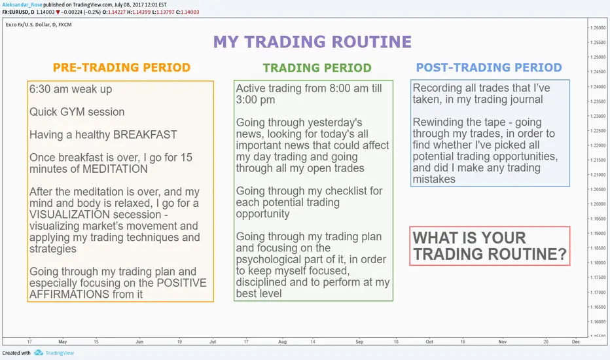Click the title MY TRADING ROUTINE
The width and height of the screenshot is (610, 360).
click(x=312, y=42)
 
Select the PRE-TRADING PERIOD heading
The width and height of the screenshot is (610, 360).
click(x=122, y=67)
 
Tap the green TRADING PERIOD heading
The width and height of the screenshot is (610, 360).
click(x=317, y=67)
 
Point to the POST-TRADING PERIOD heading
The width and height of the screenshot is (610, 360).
click(x=489, y=67)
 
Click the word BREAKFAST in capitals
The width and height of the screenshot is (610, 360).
click(x=145, y=135)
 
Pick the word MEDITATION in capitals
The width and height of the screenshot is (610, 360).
click(x=115, y=169)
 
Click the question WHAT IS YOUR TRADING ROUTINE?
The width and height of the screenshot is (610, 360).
click(x=490, y=246)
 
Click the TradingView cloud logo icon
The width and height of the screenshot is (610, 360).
click(x=38, y=353)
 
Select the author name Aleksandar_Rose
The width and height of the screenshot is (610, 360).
click(x=22, y=5)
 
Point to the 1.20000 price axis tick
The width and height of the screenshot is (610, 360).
click(x=598, y=204)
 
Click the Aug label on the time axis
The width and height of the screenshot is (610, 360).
click(x=283, y=342)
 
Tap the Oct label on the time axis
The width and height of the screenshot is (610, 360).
click(x=429, y=342)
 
